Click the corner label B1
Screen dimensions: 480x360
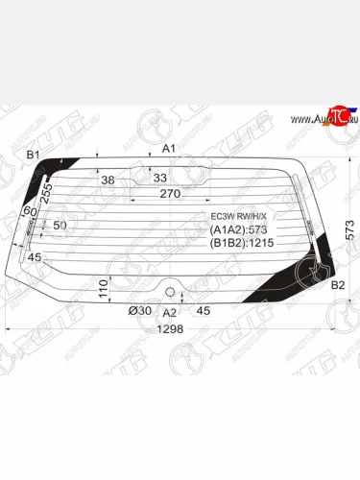point(33,155)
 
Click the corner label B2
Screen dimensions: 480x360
point(337,285)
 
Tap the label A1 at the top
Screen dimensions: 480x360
point(168,148)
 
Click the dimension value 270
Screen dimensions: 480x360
point(170,194)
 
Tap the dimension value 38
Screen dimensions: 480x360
point(108,180)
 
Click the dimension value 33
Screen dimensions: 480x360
point(159,178)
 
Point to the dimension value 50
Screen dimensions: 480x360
point(60,225)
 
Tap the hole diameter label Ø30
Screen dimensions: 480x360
point(139,310)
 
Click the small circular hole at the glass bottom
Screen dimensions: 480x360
point(170,291)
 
